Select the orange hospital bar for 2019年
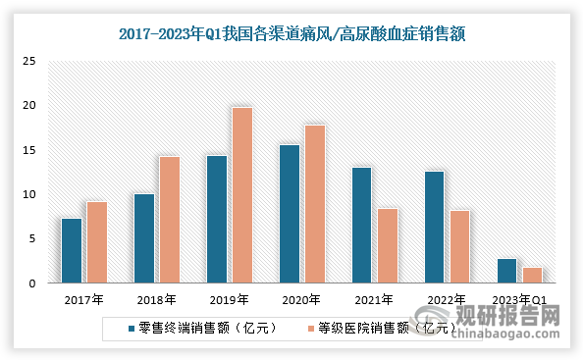[x=241, y=195]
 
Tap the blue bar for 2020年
[x=290, y=214]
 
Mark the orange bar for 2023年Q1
[x=532, y=275]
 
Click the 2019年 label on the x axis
[x=230, y=300]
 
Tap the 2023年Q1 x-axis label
[x=519, y=300]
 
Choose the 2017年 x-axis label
[x=84, y=300]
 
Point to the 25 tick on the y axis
[x=29, y=61]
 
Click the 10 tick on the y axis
[x=29, y=194]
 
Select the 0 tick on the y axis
[x=33, y=283]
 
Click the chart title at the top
[x=291, y=33]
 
